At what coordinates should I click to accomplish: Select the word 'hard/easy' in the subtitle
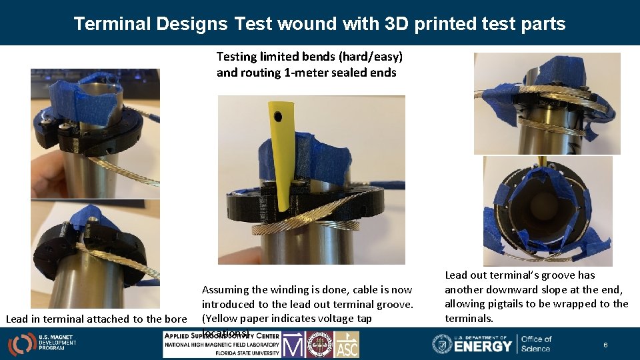click(376, 57)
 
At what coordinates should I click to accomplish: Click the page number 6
click(605, 345)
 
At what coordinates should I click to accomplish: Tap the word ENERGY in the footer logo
click(483, 345)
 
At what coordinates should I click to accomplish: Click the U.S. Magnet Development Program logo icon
click(21, 343)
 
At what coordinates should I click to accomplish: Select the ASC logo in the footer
click(347, 345)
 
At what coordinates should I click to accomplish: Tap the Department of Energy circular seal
click(442, 344)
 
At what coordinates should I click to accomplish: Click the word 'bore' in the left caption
click(175, 319)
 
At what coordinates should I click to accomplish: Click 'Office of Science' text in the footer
click(536, 344)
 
